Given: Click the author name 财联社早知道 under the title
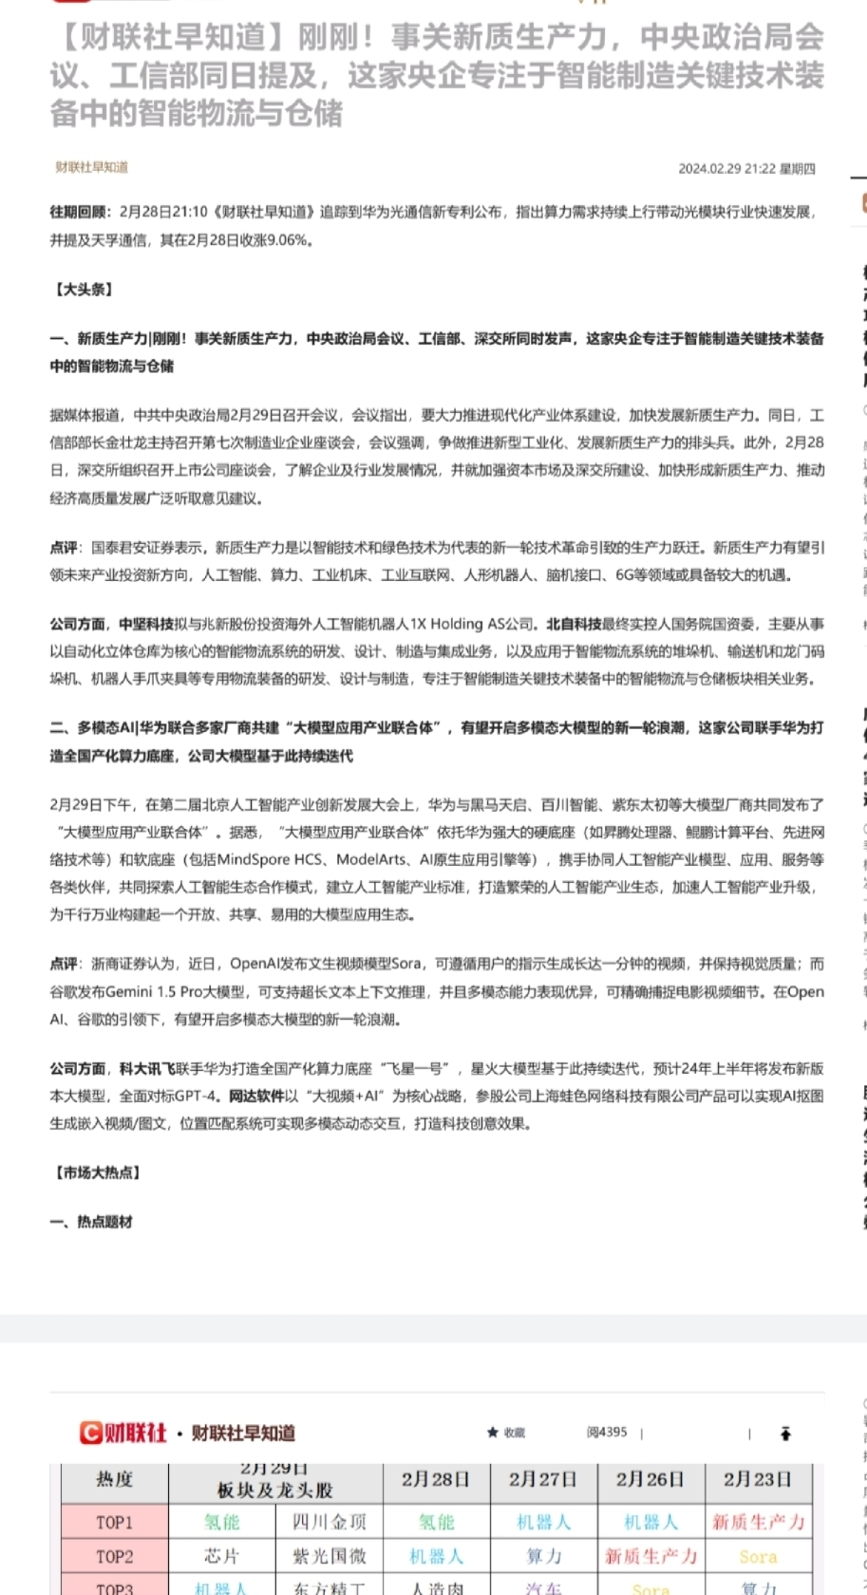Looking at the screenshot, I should click(91, 167).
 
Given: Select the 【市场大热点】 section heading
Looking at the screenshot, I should click(96, 1173).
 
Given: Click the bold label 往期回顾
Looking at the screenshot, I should click(80, 212).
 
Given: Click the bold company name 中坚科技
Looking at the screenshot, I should click(146, 624).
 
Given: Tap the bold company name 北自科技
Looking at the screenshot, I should click(574, 624).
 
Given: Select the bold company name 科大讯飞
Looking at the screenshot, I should click(146, 1068).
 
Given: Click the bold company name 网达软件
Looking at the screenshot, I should click(256, 1096).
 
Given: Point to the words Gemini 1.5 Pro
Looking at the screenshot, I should click(143, 992).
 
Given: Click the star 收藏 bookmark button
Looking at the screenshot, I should click(506, 1433).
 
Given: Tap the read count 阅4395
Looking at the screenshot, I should click(607, 1433).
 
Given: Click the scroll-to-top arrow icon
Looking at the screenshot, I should click(785, 1434).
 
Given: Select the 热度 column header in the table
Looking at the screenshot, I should click(114, 1480).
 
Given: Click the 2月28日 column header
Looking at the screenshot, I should click(436, 1480).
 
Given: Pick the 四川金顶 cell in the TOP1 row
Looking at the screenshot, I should click(330, 1522).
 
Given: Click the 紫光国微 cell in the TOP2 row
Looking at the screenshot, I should click(330, 1556).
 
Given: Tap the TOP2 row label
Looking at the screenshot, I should click(114, 1556).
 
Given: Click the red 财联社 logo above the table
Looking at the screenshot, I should click(123, 1433).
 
